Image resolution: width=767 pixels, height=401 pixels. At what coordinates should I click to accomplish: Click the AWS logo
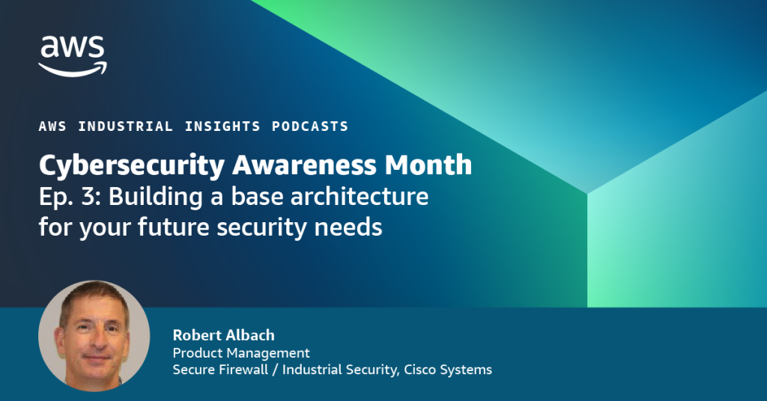pos(73,55)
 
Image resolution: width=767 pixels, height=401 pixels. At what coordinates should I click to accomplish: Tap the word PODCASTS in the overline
pos(310,126)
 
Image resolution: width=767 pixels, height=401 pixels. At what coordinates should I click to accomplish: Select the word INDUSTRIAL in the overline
pos(126,126)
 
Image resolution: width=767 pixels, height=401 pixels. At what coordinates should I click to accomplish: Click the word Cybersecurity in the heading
pos(132,166)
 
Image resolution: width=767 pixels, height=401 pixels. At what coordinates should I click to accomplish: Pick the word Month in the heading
pos(428,165)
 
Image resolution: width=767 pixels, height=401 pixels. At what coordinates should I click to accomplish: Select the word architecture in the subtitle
pos(360,196)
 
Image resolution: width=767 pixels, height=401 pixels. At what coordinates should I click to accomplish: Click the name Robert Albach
pos(223,335)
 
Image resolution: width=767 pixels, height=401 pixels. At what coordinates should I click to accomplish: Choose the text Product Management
pos(241,352)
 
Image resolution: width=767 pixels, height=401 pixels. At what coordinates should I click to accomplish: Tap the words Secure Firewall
pos(220,370)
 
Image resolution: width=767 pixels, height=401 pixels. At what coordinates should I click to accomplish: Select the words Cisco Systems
pos(448,370)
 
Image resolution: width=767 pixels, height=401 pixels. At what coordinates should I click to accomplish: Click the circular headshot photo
pos(94,336)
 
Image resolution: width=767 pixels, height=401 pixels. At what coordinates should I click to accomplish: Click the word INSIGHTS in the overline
pos(222,126)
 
